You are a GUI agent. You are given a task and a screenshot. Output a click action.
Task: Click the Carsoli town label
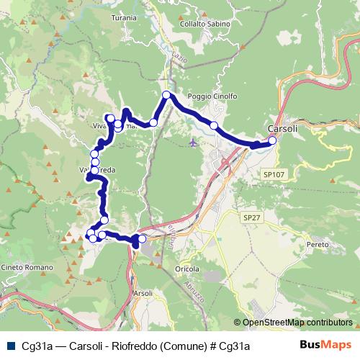coord(282,129)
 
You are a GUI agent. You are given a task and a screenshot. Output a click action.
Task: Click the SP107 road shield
coord(274,174)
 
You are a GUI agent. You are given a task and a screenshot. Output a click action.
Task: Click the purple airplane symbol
coord(192,142)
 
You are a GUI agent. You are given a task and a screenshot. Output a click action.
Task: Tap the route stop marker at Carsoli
coord(272,141)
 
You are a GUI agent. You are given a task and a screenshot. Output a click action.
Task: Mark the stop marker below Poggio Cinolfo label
coord(214,126)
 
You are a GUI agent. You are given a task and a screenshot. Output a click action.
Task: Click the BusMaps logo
coord(326,346)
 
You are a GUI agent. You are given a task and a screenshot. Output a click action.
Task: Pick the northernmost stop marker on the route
coord(166,95)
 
